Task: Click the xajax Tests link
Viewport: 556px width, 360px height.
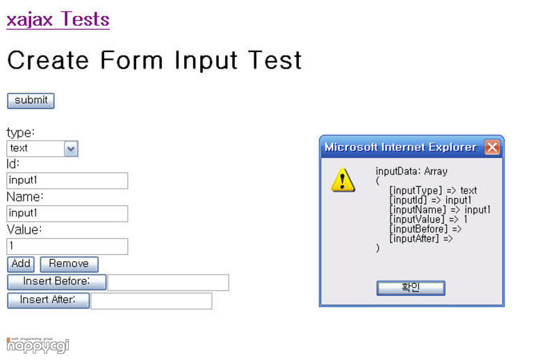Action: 58,19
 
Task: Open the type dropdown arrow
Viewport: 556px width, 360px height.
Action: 71,149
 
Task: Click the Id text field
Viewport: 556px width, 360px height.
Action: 67,181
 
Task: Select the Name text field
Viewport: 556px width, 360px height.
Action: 67,213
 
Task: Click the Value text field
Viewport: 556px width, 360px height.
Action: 67,246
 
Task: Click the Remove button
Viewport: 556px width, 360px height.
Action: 69,264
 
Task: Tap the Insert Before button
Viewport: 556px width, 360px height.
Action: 57,282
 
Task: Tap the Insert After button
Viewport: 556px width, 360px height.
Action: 48,300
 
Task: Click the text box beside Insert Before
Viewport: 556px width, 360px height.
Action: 168,282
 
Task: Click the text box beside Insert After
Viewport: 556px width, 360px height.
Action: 152,301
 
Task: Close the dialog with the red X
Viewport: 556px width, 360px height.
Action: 492,147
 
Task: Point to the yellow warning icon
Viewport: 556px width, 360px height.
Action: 343,180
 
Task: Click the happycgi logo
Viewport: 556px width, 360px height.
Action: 38,345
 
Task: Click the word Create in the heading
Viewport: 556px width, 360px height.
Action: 48,60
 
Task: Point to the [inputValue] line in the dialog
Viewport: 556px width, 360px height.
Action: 428,219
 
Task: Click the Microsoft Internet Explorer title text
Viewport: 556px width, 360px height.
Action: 401,147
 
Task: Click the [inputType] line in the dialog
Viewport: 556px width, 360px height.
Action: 433,190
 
